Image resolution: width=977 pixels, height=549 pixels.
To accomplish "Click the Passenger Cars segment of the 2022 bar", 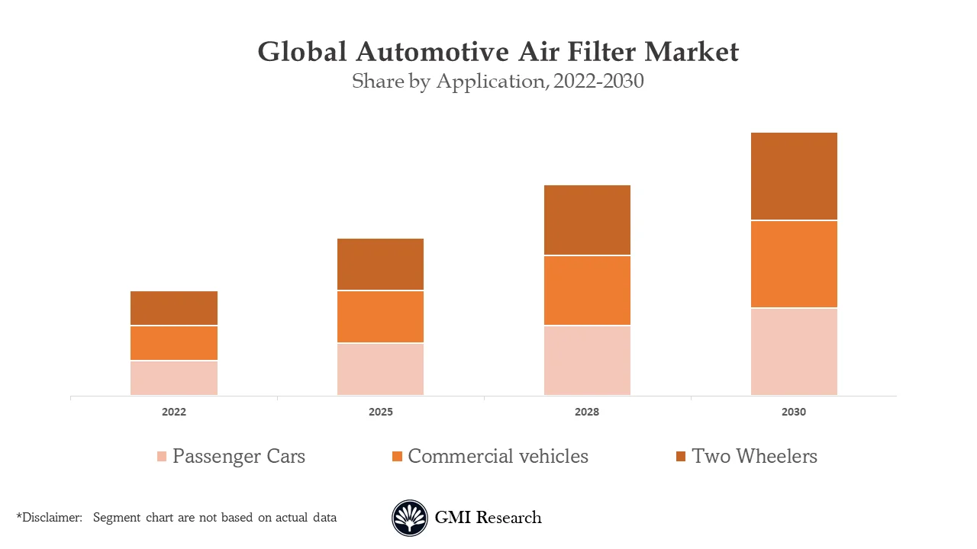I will pos(174,377).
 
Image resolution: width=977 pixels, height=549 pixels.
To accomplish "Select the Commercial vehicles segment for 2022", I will pos(174,343).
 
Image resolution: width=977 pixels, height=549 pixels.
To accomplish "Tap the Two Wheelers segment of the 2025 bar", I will pos(380,264).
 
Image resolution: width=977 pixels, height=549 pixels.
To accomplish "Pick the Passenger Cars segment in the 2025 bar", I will pos(380,369).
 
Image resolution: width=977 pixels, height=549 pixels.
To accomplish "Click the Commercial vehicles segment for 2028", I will pos(587,291).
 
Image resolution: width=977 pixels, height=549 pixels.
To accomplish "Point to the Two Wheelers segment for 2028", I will pos(587,220).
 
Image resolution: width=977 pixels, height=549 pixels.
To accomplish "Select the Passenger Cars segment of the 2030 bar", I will pos(794,352).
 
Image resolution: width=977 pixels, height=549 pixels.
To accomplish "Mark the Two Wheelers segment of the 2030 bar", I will pos(794,176).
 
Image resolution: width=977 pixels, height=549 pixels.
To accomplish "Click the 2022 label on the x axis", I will pos(174,412).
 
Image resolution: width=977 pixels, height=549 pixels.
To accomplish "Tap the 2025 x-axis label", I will pos(380,412).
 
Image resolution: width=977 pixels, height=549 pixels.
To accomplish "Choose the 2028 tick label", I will pos(587,412).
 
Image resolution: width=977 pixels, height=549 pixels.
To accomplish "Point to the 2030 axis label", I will pos(794,412).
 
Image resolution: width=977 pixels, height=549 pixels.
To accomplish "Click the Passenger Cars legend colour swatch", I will pos(162,457).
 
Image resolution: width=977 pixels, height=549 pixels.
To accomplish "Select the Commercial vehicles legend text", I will pos(498,456).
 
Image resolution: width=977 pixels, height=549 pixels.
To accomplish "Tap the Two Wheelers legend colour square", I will pos(681,457).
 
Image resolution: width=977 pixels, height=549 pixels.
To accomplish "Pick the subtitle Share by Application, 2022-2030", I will pos(498,81).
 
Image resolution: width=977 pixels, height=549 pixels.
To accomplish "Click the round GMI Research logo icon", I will pos(410,518).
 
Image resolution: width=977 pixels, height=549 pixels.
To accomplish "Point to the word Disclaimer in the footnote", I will pos(51,517).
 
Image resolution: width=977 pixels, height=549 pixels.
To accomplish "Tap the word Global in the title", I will pos(303,52).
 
